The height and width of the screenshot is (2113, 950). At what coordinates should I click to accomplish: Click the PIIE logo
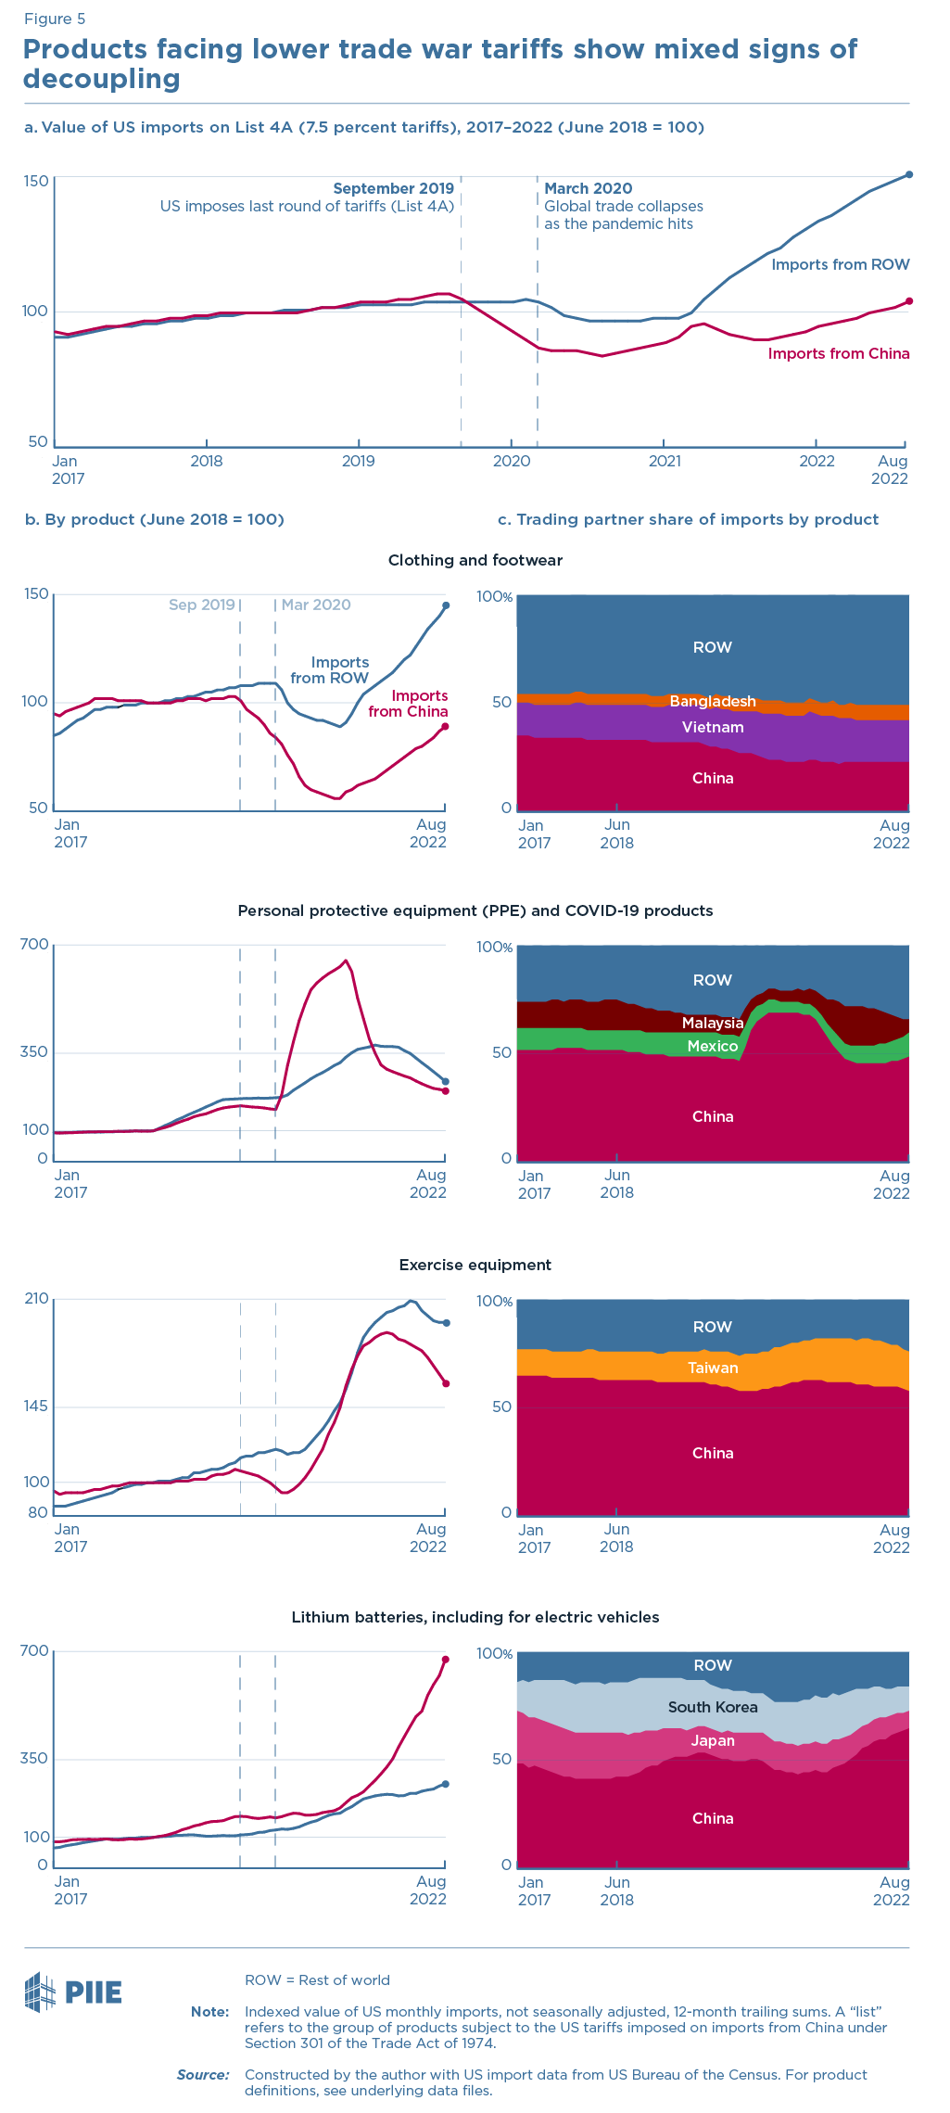point(73,1992)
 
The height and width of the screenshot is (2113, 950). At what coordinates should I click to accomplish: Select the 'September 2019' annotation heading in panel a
point(393,188)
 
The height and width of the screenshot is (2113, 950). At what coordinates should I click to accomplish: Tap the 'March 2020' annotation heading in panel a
point(588,188)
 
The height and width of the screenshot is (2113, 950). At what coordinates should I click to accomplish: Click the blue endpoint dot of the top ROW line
point(909,174)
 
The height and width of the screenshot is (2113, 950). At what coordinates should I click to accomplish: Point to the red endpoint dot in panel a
point(909,300)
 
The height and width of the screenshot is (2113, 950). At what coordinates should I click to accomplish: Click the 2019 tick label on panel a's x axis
point(359,461)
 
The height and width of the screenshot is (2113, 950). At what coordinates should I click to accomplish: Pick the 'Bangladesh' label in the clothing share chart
point(713,701)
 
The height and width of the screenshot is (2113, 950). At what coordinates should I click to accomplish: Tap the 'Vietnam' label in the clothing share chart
point(713,727)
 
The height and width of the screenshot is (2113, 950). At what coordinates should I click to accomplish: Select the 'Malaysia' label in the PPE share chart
point(713,1023)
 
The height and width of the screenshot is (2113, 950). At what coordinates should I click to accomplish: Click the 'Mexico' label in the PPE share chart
point(713,1046)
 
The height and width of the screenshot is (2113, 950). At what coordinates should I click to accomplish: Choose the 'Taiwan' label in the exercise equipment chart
point(713,1368)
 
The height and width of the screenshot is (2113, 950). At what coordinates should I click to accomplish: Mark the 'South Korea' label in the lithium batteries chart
point(713,1707)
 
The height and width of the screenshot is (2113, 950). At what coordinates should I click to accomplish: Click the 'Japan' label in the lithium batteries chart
point(713,1740)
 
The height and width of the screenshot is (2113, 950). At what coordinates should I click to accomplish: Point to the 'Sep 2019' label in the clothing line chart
point(201,605)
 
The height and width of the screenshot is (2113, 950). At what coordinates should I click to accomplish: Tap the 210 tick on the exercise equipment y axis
point(36,1299)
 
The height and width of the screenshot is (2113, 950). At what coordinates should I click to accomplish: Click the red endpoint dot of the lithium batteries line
point(446,1660)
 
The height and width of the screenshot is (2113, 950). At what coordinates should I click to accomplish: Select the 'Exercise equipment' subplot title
point(475,1265)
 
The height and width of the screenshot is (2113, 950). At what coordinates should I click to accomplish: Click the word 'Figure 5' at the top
point(55,19)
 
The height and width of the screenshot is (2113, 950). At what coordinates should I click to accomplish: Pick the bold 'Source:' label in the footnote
point(203,2074)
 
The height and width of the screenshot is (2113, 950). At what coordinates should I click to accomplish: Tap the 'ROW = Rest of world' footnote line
point(317,1979)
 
